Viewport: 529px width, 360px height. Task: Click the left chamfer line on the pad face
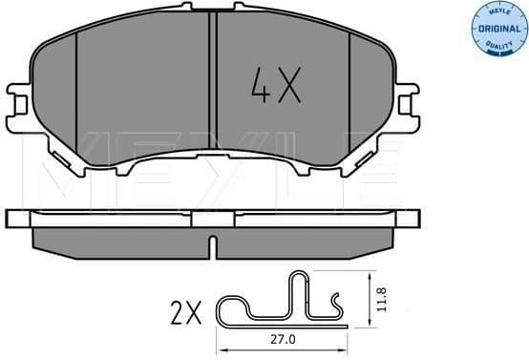point(76,95)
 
